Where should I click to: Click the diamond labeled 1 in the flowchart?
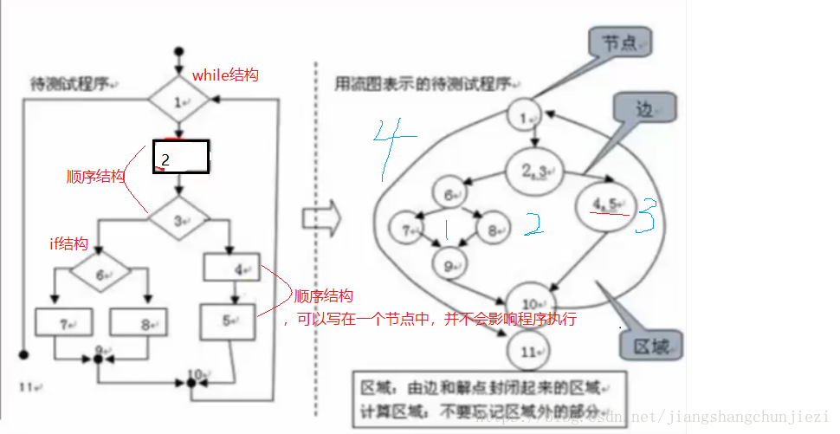(x=179, y=101)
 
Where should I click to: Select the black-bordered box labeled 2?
(x=181, y=157)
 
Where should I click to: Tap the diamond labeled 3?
(x=179, y=221)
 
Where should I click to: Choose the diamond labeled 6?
(x=100, y=275)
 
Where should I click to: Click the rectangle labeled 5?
(x=228, y=321)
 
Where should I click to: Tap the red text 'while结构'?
(x=225, y=75)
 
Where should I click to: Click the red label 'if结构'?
(x=68, y=244)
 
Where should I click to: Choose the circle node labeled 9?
(x=450, y=266)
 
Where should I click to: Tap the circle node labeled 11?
(x=527, y=351)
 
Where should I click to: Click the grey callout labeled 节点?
(x=618, y=42)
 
